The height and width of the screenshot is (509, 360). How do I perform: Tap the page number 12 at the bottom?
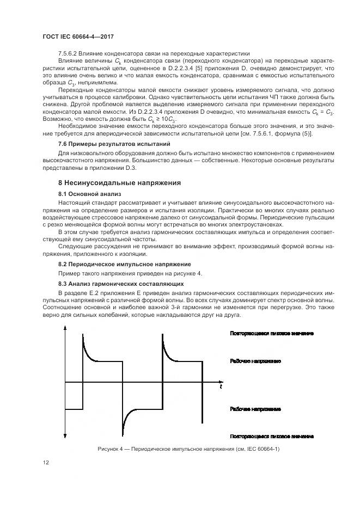click(x=46, y=462)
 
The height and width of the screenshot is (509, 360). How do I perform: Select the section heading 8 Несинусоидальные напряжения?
click(x=120, y=182)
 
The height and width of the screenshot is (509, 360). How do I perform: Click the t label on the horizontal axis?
click(x=221, y=387)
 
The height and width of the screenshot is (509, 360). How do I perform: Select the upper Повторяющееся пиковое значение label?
click(x=272, y=333)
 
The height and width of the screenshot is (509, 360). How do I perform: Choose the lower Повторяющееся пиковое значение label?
click(x=272, y=436)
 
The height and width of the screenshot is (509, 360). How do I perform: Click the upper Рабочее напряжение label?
click(x=255, y=361)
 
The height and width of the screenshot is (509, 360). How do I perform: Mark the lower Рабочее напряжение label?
click(x=255, y=408)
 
